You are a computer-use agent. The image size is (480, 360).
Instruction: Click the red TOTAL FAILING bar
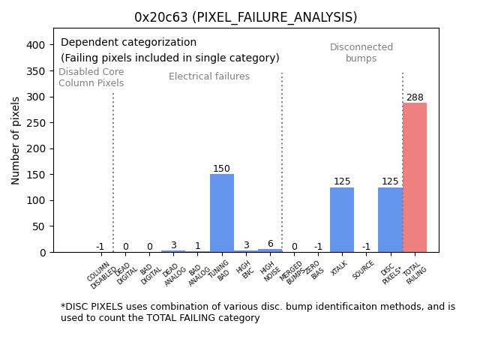415,178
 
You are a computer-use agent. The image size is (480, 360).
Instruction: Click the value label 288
415,97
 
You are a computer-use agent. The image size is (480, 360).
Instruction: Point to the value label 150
222,169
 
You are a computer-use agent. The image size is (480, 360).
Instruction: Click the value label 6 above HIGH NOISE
270,244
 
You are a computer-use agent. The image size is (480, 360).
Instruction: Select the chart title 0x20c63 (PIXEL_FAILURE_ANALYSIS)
246,17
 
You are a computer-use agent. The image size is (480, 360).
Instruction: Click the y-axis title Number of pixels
16,140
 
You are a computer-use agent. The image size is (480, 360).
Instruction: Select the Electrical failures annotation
209,76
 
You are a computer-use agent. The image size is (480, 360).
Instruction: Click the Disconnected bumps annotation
361,52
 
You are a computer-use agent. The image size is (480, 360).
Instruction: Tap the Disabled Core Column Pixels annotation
91,77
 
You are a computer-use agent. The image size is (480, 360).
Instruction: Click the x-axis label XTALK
339,270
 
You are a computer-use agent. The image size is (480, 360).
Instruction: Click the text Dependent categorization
128,43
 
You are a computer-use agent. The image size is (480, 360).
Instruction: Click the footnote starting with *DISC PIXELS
257,312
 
